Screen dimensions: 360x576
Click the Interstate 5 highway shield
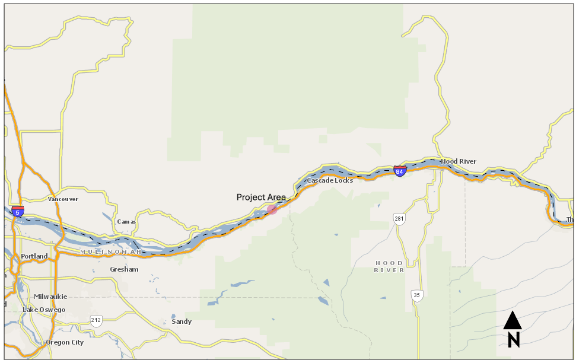(18, 211)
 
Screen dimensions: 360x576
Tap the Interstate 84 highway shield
(399, 171)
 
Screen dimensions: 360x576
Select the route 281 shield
(399, 219)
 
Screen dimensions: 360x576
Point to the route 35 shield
(418, 295)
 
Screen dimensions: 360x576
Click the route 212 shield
(96, 320)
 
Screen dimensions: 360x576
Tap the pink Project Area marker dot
(272, 209)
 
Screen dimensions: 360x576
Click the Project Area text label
(261, 197)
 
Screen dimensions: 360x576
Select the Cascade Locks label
(330, 180)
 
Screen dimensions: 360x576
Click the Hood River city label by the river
(459, 161)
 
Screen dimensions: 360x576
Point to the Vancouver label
(63, 199)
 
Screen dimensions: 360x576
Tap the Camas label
(126, 222)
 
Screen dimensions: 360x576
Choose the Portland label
(34, 256)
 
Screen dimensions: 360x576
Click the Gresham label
(124, 269)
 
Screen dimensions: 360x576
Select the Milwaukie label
(50, 297)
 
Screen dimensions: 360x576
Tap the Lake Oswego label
(44, 310)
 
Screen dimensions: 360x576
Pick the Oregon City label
(65, 342)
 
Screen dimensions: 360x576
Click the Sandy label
(182, 321)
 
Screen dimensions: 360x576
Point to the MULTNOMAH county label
(111, 252)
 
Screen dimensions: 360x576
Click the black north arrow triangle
(513, 321)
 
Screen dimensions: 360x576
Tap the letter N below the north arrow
(514, 340)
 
